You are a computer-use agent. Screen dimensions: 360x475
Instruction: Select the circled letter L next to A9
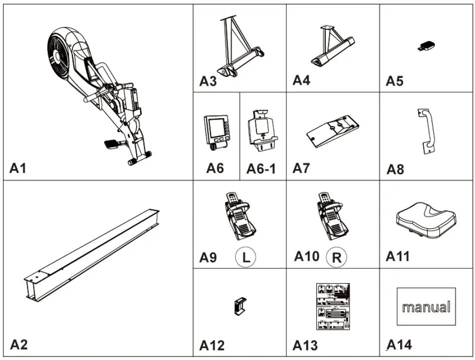245,258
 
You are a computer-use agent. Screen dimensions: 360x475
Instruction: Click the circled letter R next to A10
336,258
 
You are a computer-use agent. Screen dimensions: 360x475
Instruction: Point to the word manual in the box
426,307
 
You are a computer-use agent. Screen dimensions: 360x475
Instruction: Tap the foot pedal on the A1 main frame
111,144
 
